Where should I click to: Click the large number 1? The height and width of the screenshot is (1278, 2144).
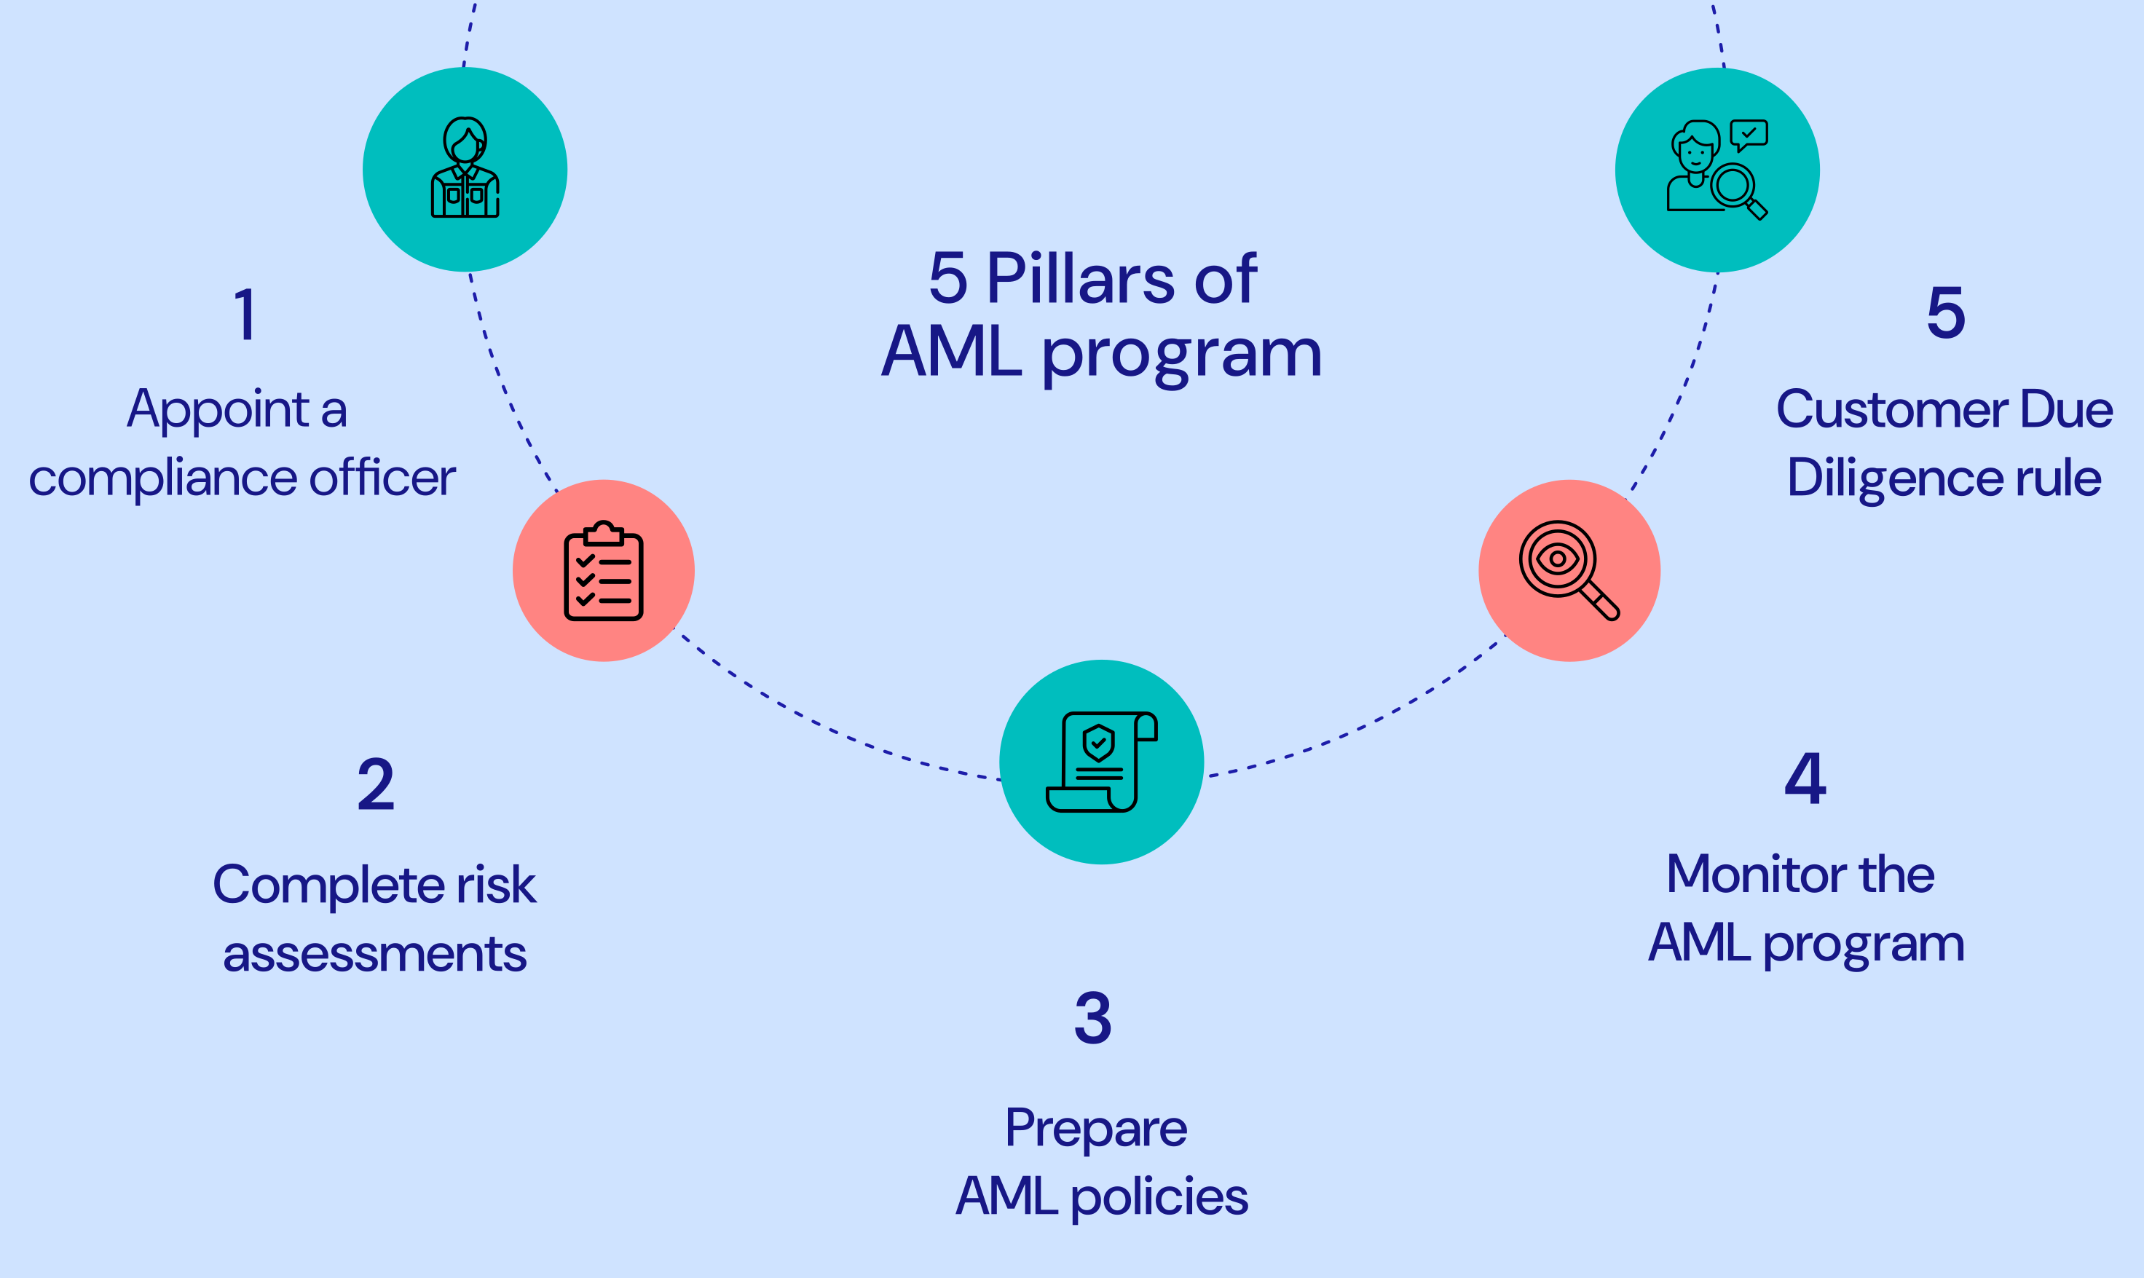(246, 315)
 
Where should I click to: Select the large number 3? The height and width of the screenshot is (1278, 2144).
(1092, 1018)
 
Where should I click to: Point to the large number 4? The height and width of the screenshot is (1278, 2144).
(1805, 778)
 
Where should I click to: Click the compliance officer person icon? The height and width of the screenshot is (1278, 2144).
(465, 168)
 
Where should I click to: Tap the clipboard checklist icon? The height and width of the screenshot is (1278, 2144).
(604, 571)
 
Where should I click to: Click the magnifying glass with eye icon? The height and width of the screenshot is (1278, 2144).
(1569, 570)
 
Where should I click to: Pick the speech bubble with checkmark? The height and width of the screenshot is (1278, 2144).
(1749, 134)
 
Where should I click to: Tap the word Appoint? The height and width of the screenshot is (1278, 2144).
(218, 409)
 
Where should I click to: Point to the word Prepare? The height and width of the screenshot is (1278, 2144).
(1096, 1128)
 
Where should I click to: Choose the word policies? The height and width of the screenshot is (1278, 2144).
(1159, 1197)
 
